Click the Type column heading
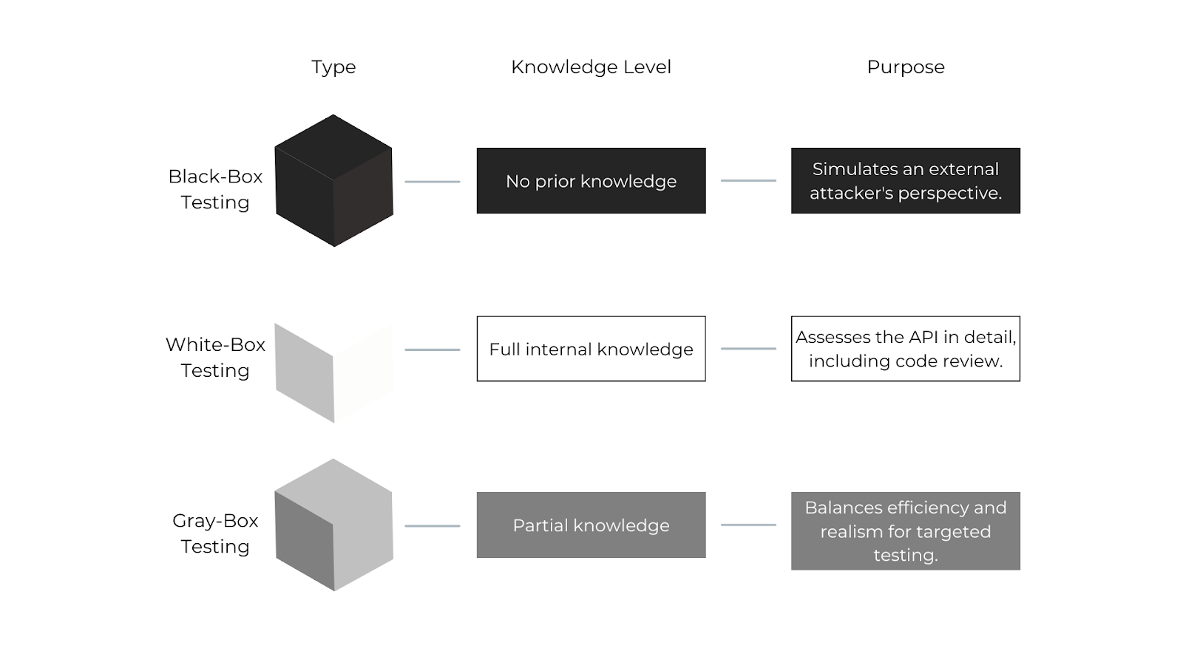click(x=333, y=67)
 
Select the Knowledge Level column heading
click(x=591, y=67)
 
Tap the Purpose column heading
click(x=905, y=67)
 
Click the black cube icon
click(x=333, y=181)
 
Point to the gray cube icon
click(x=333, y=525)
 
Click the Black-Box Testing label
click(x=215, y=189)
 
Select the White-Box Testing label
click(x=215, y=358)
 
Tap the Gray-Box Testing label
click(x=215, y=533)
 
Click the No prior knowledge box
click(x=591, y=181)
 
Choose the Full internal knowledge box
click(x=591, y=349)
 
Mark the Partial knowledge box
click(x=591, y=525)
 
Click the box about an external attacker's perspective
click(x=905, y=181)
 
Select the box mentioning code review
click(x=905, y=349)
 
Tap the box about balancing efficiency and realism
click(x=905, y=531)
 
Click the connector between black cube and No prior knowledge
click(x=433, y=182)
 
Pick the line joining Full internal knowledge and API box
click(x=748, y=349)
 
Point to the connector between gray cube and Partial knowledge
click(x=433, y=526)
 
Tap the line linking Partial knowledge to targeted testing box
click(x=748, y=525)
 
